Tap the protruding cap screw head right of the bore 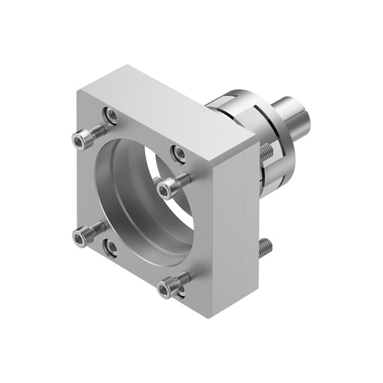pyautogui.click(x=165, y=190)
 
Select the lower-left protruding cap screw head pyautogui.click(x=80, y=239)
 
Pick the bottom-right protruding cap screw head pyautogui.click(x=165, y=290)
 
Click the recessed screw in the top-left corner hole pyautogui.click(x=112, y=116)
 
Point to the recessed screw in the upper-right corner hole pyautogui.click(x=180, y=153)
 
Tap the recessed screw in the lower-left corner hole pyautogui.click(x=112, y=247)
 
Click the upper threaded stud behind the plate pyautogui.click(x=266, y=152)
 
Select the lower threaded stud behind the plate pyautogui.click(x=266, y=247)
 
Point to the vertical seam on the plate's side pyautogui.click(x=244, y=223)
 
